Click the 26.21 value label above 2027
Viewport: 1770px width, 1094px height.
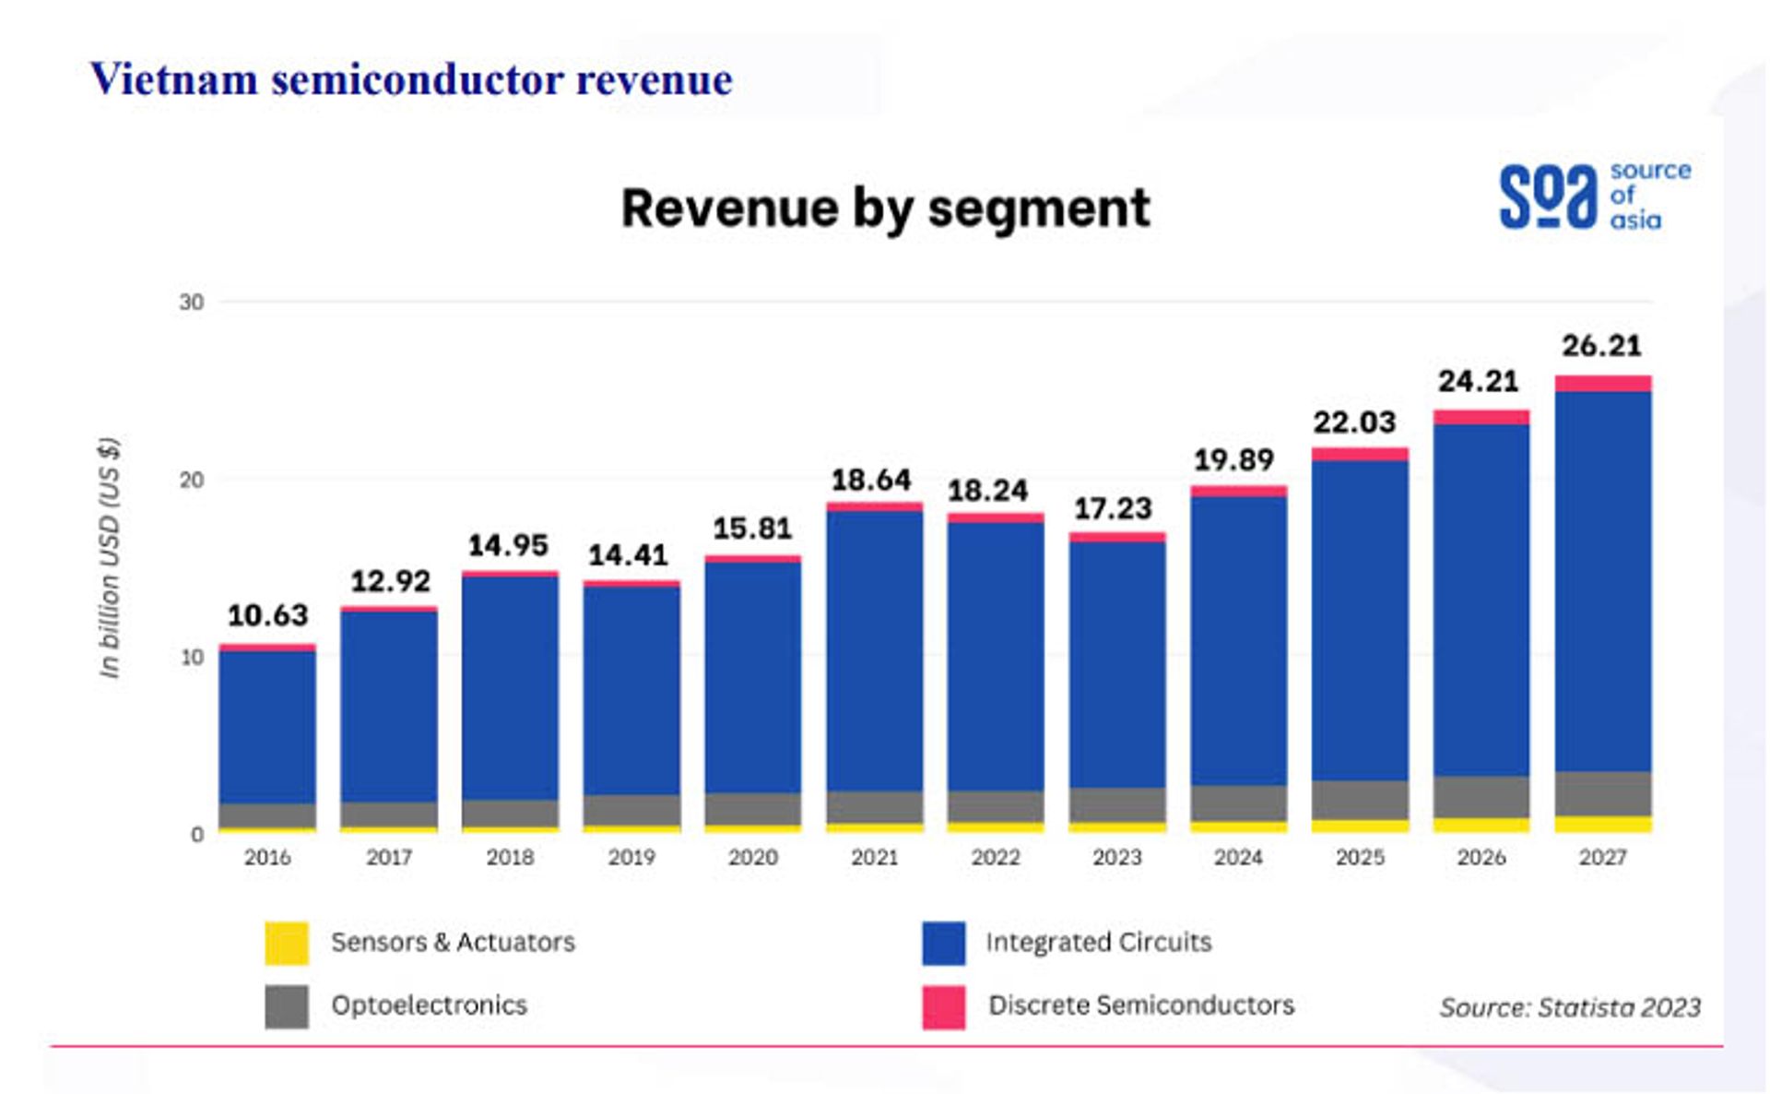[1601, 346]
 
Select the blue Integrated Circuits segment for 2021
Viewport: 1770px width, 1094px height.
[874, 650]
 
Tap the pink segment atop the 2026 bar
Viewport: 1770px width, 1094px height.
[1481, 417]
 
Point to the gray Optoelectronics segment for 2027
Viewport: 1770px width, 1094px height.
[1602, 793]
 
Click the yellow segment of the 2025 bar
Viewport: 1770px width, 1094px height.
[1360, 826]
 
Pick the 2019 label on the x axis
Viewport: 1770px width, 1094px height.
[631, 857]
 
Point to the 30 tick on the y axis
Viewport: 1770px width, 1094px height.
[192, 303]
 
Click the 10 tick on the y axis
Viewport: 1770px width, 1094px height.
[192, 657]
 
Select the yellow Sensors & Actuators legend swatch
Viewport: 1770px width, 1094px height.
[287, 943]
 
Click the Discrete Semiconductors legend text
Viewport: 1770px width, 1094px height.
[1140, 1005]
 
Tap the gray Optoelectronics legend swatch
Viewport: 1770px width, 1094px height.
[287, 1006]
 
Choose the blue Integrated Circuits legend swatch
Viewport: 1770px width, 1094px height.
[943, 943]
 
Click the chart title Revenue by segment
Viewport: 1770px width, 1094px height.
[885, 208]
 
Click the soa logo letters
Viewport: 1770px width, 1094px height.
[1547, 196]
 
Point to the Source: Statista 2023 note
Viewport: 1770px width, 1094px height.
[1570, 1007]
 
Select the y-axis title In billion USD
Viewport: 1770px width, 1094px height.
[110, 557]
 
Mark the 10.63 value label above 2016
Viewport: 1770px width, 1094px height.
[267, 615]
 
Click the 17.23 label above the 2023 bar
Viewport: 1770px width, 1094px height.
[1113, 508]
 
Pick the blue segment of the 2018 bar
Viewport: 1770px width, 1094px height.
[510, 687]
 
